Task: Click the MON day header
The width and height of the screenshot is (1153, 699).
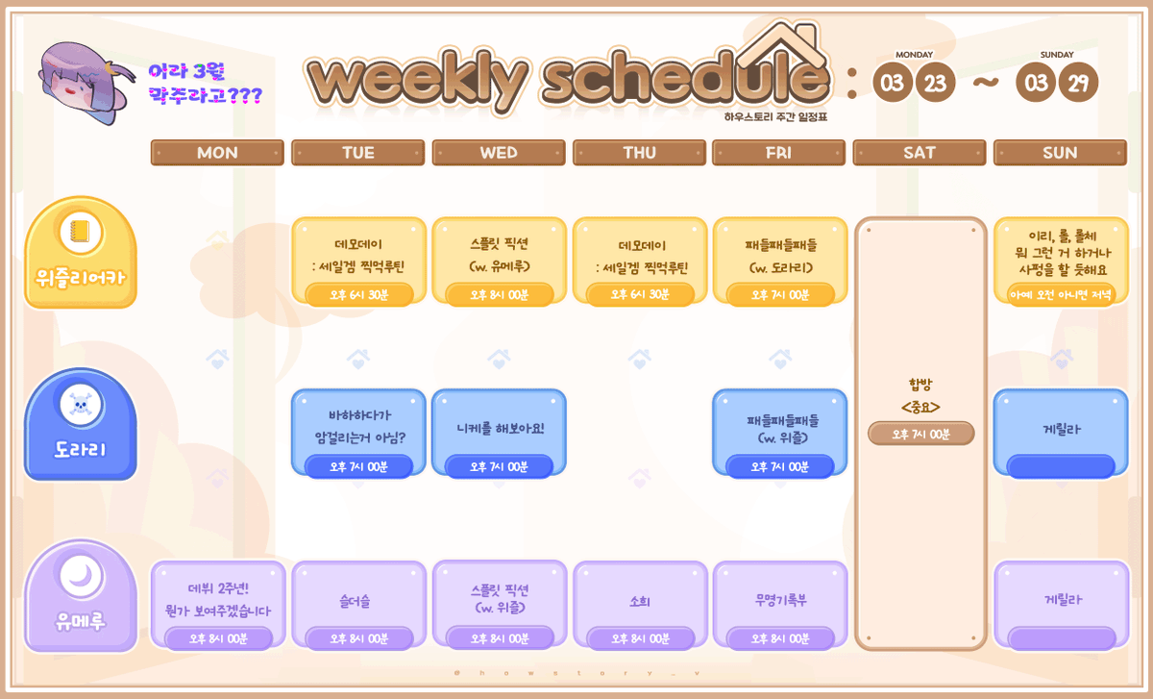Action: [217, 153]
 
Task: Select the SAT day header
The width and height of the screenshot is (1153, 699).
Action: [920, 153]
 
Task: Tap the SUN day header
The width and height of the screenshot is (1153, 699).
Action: [1060, 153]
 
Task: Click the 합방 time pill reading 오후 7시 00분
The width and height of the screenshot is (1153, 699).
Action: [920, 434]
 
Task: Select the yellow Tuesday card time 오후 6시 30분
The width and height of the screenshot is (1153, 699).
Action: [358, 294]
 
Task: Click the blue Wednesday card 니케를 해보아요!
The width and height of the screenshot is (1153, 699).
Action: [499, 430]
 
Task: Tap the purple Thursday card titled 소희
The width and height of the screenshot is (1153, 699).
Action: [640, 603]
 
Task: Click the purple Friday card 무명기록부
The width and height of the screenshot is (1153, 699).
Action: [780, 603]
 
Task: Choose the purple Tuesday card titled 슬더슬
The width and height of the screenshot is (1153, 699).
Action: [358, 603]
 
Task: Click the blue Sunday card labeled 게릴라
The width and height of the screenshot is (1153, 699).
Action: [1061, 432]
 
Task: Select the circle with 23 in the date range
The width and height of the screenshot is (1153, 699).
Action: [935, 83]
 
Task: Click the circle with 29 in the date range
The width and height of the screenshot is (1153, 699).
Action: [1078, 83]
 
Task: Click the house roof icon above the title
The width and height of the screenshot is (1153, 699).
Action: [774, 44]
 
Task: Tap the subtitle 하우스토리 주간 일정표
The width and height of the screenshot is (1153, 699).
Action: [776, 116]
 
